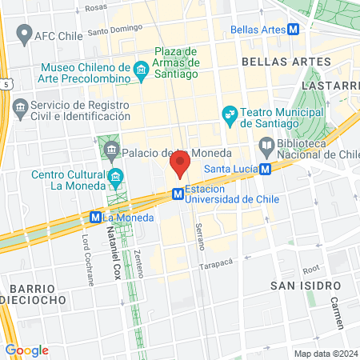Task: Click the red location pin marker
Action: (179, 165)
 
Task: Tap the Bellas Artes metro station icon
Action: (294, 30)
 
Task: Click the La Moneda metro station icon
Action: (95, 216)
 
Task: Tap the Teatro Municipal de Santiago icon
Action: (230, 114)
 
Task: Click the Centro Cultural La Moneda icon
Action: (117, 176)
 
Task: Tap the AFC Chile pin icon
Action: (22, 35)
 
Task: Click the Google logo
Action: (26, 350)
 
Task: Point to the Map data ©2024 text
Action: (325, 353)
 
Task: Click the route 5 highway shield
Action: (6, 82)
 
